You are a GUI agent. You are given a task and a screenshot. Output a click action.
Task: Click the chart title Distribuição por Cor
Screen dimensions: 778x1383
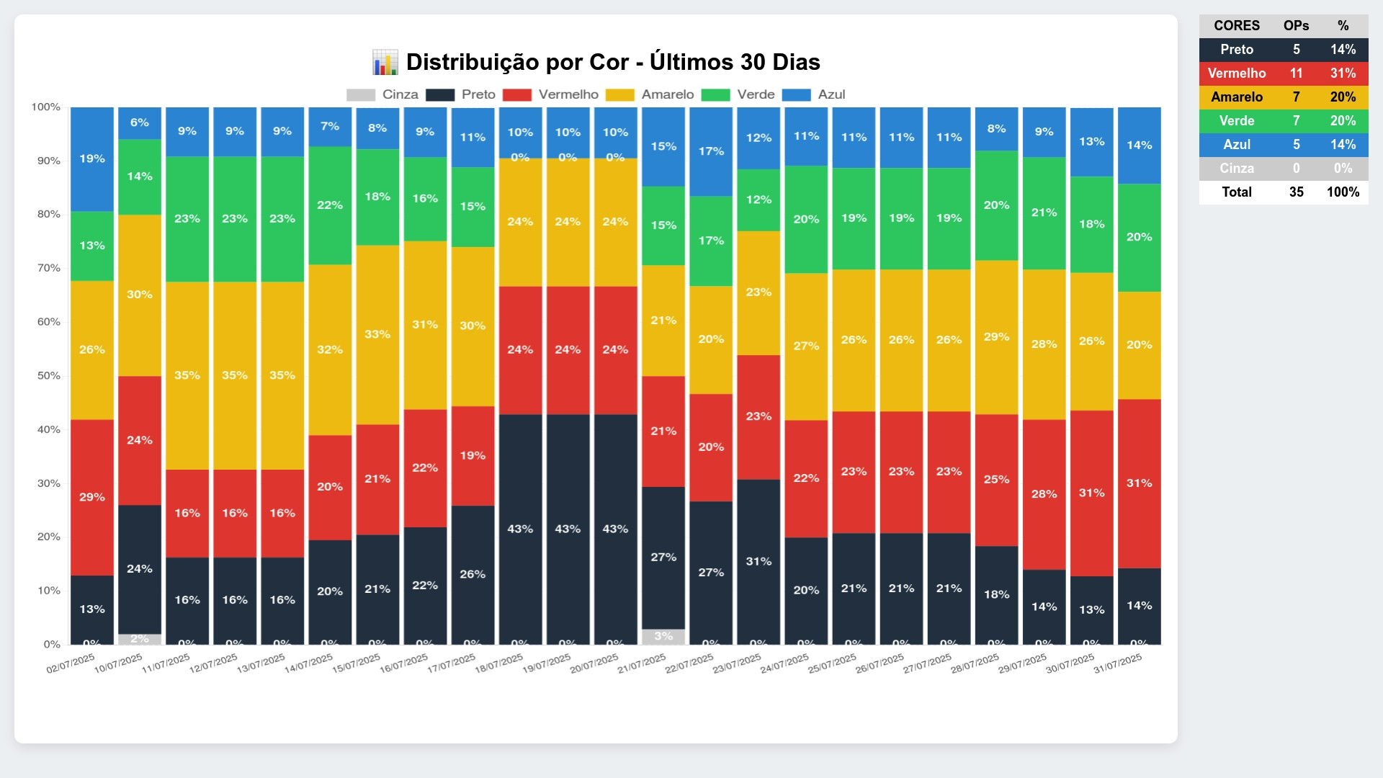pos(612,62)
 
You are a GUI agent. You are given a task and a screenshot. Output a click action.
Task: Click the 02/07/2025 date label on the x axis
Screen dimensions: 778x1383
pos(71,663)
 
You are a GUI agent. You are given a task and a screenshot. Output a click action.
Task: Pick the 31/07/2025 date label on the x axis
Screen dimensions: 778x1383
pos(1118,663)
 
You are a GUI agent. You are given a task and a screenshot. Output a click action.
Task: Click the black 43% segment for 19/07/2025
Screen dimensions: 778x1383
pos(568,529)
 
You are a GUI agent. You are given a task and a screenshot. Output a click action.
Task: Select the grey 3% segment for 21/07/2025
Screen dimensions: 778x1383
pos(663,637)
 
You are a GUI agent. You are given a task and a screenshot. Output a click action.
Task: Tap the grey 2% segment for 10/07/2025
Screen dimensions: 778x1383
pos(140,639)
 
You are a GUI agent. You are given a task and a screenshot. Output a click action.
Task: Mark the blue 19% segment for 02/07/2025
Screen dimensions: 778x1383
pos(92,159)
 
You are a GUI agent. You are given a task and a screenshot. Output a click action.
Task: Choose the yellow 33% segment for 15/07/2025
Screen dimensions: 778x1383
pos(377,334)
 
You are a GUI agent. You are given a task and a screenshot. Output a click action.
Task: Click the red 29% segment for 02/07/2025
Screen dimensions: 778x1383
pos(92,497)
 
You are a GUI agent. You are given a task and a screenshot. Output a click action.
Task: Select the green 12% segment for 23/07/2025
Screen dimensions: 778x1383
pos(758,200)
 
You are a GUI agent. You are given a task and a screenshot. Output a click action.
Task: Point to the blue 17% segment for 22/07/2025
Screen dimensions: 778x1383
pos(711,151)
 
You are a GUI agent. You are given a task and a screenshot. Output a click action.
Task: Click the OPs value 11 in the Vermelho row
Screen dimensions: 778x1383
pos(1296,73)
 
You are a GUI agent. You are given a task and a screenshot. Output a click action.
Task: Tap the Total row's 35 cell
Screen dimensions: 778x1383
pos(1296,192)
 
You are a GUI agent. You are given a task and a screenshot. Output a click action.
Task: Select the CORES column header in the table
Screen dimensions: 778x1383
pos(1236,26)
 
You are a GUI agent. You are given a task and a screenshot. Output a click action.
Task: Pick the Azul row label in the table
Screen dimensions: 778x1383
pos(1236,145)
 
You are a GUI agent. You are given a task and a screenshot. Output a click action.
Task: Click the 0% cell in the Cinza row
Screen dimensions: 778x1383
pos(1343,169)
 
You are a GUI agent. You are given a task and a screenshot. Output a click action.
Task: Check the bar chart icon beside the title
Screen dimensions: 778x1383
pos(385,63)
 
